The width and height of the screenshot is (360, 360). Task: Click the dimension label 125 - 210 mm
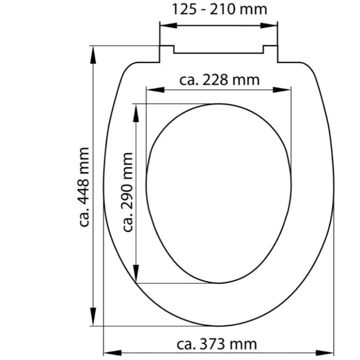(219, 9)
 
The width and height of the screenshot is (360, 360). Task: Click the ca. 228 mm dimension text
(219, 80)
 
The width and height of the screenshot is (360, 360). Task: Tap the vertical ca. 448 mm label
(83, 187)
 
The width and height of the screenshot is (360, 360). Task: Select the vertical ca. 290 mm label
(127, 192)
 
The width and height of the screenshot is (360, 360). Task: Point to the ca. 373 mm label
(216, 344)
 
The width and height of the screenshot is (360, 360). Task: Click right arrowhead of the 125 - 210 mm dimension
(269, 25)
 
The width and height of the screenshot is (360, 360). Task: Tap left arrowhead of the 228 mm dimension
(155, 90)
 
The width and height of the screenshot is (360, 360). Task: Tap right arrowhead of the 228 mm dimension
(282, 90)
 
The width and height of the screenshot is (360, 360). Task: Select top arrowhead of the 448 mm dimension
(93, 54)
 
